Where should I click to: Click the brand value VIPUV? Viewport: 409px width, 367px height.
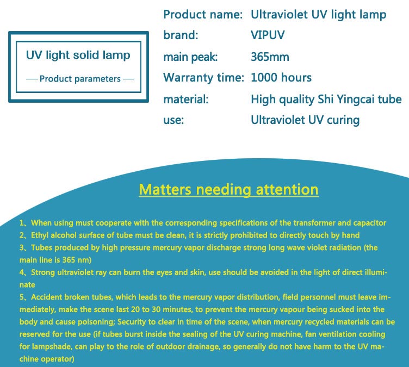click(x=268, y=35)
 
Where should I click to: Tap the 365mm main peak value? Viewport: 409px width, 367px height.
click(x=270, y=57)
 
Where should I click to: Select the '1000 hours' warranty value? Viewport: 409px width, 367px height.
click(x=281, y=77)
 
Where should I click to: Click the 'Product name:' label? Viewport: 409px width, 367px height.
click(x=203, y=14)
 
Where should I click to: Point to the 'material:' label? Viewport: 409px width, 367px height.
click(x=186, y=99)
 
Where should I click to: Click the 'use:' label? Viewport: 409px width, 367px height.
click(x=173, y=120)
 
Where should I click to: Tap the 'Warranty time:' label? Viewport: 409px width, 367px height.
click(x=204, y=77)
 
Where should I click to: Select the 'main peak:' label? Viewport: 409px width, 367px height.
click(x=190, y=57)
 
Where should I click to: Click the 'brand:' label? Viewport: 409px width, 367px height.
click(x=181, y=35)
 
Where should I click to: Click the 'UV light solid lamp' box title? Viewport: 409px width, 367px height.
click(x=78, y=55)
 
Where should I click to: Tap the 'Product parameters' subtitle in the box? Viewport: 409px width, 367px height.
click(x=80, y=79)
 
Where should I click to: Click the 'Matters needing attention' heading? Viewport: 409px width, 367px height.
click(x=228, y=190)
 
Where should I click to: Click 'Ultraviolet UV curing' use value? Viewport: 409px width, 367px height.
click(x=305, y=120)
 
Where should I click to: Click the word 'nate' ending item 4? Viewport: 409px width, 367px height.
click(x=27, y=285)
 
